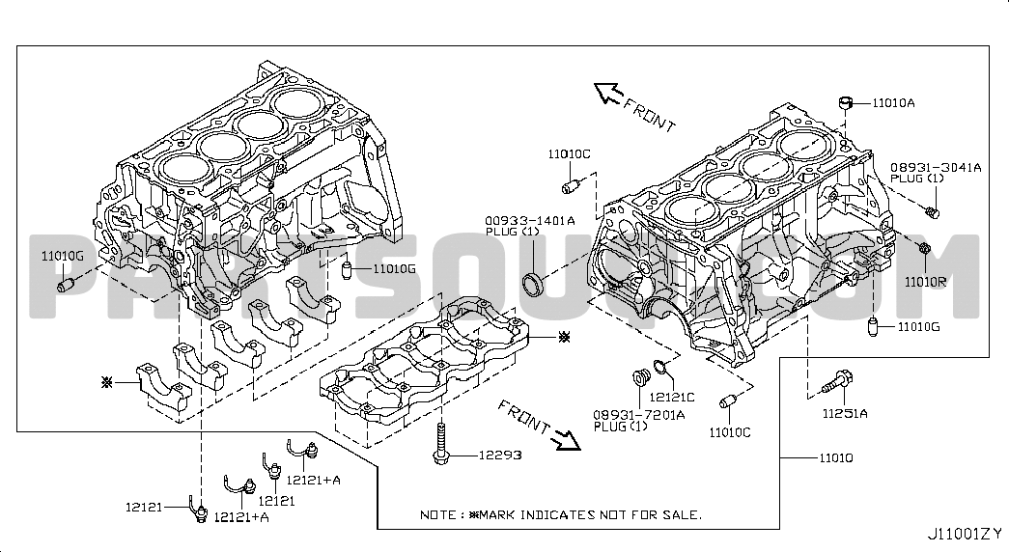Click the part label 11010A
coord(893,101)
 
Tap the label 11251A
coord(845,414)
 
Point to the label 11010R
coord(925,282)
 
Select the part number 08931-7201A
coord(639,414)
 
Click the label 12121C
coord(672,397)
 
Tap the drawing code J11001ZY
coord(965,533)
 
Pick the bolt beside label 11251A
coord(835,384)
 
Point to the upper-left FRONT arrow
coord(609,93)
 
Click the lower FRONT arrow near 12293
coord(565,439)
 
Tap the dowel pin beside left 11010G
coord(68,285)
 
